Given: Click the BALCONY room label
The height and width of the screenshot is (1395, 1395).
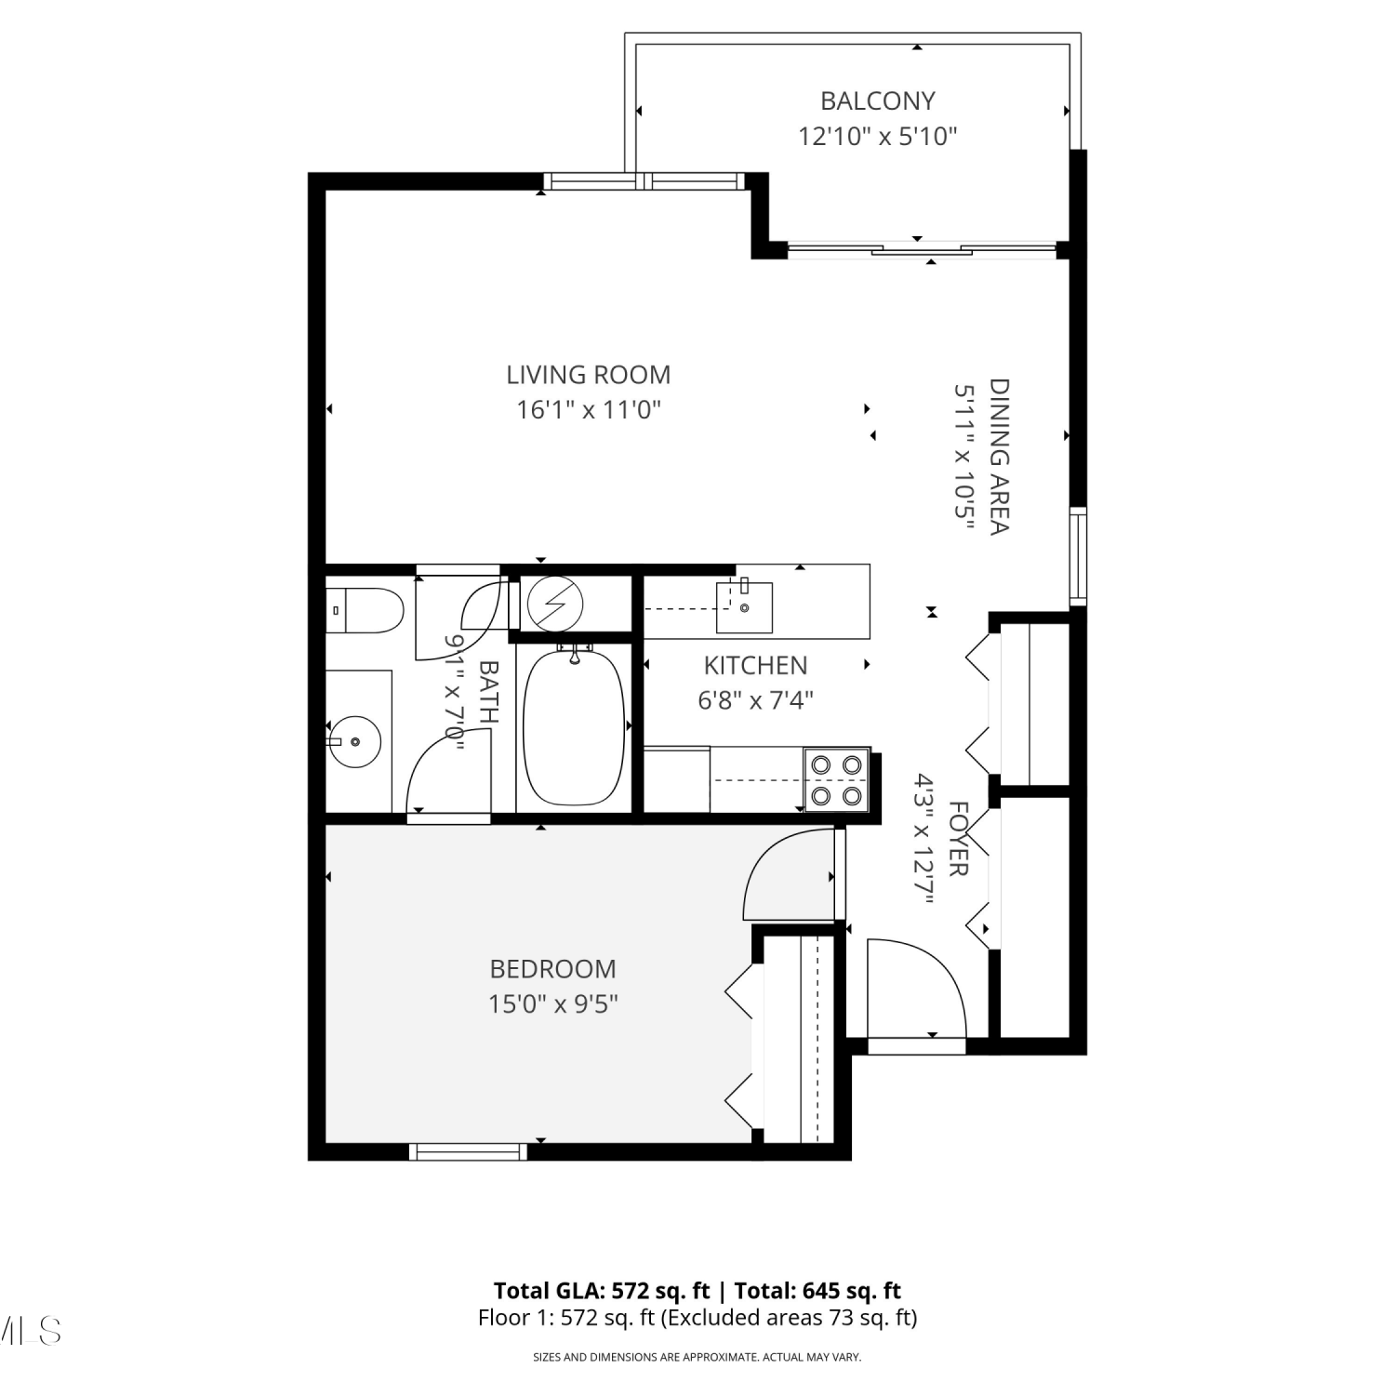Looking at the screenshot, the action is [x=877, y=100].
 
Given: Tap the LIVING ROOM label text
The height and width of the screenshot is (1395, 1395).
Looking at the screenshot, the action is [x=588, y=375].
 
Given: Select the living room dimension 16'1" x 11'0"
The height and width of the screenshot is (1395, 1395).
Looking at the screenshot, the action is [x=588, y=409].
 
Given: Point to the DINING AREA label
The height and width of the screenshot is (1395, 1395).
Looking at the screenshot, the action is [x=999, y=456].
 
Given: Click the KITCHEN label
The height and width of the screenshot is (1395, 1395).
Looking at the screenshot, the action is [x=755, y=665].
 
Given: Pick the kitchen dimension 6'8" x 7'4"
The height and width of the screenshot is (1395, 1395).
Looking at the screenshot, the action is [x=755, y=699].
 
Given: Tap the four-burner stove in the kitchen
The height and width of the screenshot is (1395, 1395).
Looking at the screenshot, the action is [x=837, y=780].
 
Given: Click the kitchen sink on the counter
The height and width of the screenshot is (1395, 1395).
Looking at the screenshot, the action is [x=744, y=606].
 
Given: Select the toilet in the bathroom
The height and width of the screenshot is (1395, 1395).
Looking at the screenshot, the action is [x=365, y=611].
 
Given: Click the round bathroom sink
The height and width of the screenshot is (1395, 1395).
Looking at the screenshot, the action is [x=356, y=741].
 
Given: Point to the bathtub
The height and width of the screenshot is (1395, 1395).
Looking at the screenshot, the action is [x=574, y=725].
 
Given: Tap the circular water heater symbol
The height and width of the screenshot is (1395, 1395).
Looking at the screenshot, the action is [x=554, y=604].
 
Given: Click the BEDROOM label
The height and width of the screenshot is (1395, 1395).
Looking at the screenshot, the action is [x=552, y=969].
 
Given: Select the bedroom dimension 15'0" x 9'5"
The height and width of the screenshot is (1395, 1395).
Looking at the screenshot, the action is [x=552, y=1004].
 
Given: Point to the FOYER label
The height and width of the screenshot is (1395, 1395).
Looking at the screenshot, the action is [x=958, y=839].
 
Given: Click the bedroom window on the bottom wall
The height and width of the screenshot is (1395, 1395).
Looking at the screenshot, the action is [x=468, y=1152].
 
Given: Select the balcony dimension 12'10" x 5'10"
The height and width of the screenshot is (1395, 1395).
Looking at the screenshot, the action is [x=877, y=137].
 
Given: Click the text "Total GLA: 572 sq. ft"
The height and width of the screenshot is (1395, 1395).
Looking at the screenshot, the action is [x=602, y=1291].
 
